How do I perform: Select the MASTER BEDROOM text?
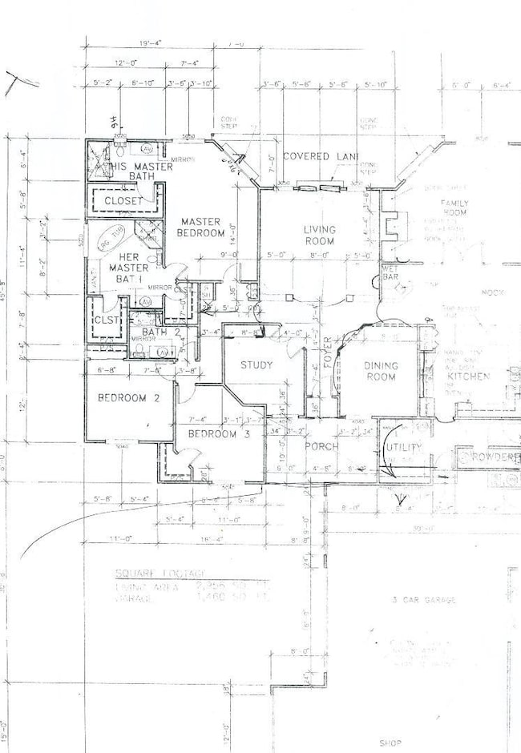(x=202, y=227)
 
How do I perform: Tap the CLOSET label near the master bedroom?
(x=123, y=200)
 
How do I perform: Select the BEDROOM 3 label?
(x=213, y=433)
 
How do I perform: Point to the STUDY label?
(x=256, y=365)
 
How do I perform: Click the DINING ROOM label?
(x=382, y=371)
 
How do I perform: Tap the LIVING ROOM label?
(x=319, y=236)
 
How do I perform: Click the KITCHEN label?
(x=468, y=376)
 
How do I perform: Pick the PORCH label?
(x=320, y=447)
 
